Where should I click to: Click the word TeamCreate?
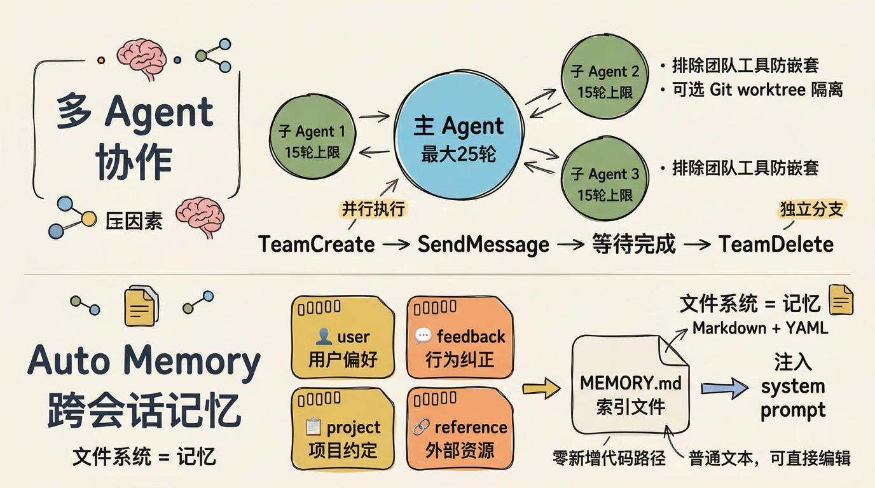316,245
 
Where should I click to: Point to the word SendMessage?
483,245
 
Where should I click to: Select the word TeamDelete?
776,245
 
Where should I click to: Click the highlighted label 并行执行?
373,209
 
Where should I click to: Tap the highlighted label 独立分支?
811,210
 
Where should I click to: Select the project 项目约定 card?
342,428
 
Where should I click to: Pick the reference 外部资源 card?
459,428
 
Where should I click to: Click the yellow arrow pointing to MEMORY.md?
540,388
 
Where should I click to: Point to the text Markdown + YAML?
761,328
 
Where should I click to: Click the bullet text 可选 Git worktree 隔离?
757,90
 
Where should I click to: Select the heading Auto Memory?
144,361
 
